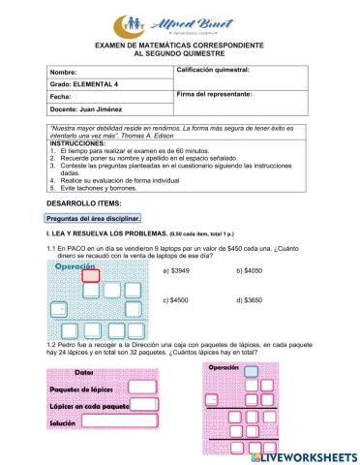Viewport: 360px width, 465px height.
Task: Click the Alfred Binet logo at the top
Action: [179, 22]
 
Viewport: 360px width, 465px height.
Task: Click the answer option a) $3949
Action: [179, 272]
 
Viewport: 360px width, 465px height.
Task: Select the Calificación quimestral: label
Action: [215, 72]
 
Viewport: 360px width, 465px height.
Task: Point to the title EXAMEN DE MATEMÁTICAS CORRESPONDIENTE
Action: [179, 45]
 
